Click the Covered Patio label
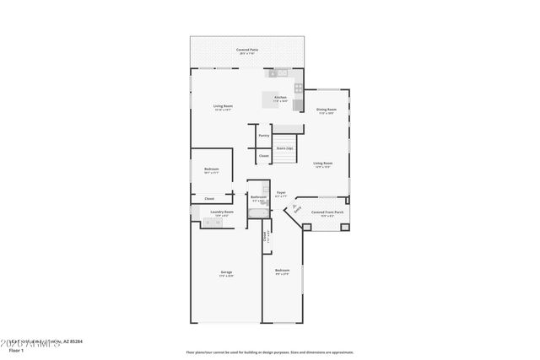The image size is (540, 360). [x=247, y=50]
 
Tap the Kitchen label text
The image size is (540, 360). [x=280, y=98]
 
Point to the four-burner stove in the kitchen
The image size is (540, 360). [x=298, y=87]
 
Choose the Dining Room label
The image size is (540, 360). [x=327, y=110]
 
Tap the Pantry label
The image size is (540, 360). [x=264, y=135]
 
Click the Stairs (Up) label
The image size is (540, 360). [x=284, y=148]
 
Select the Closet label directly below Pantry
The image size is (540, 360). [x=264, y=155]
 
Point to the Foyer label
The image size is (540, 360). [x=281, y=192]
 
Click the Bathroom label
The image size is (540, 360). [x=258, y=197]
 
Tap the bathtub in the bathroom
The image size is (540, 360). [x=258, y=214]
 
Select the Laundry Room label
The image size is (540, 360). [x=222, y=212]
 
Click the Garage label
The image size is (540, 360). [x=226, y=271]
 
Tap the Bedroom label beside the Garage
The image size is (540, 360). [x=282, y=270]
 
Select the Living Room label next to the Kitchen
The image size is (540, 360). [x=222, y=106]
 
